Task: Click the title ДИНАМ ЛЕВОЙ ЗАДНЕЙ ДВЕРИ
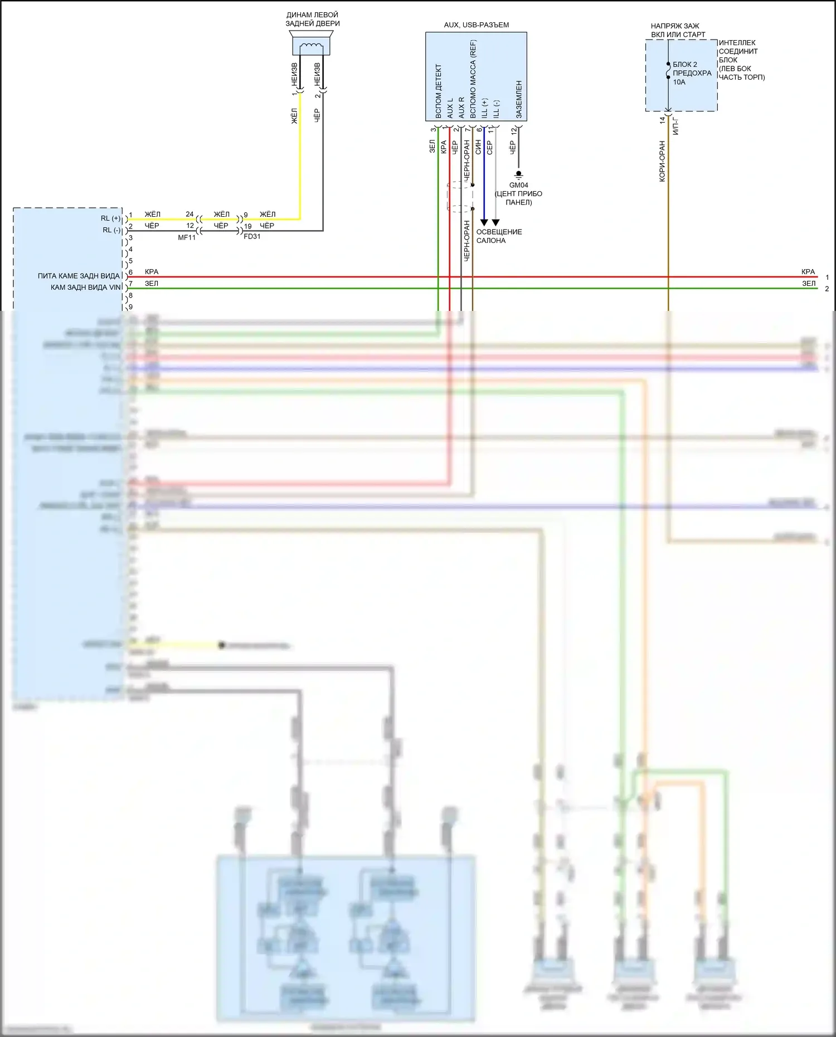pos(312,20)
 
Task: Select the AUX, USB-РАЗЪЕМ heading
pos(476,25)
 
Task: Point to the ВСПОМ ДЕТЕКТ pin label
pos(439,91)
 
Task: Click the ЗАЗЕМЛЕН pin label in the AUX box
pos(519,99)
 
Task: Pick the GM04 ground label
pos(518,185)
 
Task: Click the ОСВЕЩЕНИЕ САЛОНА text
pos(499,236)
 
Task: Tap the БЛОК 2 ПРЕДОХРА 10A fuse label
pos(692,73)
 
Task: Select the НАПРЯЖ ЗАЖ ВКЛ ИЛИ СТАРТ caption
pos(678,30)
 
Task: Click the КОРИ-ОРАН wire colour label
pos(662,161)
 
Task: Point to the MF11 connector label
pos(187,237)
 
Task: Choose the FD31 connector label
pos(252,236)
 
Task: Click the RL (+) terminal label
pos(110,218)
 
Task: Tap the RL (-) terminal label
pos(111,230)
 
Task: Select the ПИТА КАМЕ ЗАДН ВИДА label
pos(79,276)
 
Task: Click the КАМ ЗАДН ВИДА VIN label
pos(85,288)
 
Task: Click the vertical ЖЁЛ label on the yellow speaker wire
pos(294,116)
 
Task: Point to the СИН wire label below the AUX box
pos(478,147)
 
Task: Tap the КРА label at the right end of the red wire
pos(808,272)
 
